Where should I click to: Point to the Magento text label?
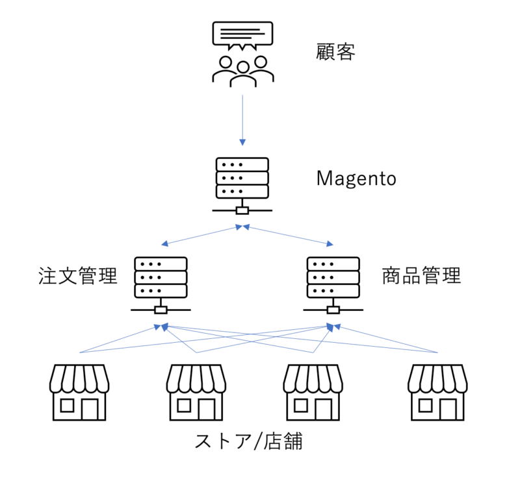(x=356, y=179)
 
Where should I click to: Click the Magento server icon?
(x=242, y=178)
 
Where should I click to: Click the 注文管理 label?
(x=77, y=277)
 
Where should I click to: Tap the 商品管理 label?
(x=421, y=277)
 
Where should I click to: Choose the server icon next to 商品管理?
(x=333, y=277)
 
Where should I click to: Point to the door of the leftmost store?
(x=90, y=409)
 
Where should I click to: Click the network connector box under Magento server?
(x=242, y=210)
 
